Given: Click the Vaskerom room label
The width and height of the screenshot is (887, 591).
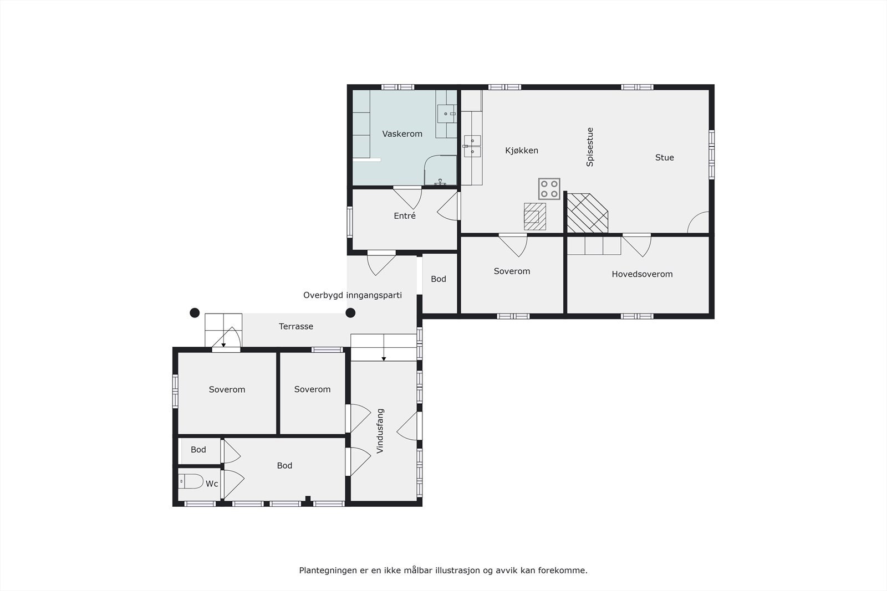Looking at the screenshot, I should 402,134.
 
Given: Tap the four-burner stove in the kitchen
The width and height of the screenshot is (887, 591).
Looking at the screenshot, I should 549,189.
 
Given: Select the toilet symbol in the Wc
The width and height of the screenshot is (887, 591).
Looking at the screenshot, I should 191,481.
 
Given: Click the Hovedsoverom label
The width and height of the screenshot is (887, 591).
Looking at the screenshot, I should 642,274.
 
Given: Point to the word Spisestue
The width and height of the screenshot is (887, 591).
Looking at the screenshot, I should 590,147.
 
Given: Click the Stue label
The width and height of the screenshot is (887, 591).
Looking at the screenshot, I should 664,158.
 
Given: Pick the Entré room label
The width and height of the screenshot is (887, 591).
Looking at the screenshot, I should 405,216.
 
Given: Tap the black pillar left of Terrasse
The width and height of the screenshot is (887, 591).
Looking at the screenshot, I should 195,313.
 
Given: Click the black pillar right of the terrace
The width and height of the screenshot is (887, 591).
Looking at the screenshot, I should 350,313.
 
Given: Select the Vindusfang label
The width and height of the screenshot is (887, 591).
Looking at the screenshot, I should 380,431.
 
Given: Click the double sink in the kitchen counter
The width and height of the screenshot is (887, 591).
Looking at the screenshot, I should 472,146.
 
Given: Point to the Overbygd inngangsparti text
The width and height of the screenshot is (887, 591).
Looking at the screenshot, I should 352,295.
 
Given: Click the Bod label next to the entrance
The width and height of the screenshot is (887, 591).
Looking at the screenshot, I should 439,279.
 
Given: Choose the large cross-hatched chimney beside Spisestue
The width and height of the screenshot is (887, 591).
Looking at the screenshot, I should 587,213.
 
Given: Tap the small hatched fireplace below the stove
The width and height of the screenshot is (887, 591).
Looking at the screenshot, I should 535,217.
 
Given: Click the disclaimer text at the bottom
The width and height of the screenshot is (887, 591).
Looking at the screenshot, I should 443,570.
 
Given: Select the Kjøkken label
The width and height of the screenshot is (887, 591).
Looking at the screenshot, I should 521,151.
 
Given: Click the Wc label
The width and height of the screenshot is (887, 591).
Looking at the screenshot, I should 212,484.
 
